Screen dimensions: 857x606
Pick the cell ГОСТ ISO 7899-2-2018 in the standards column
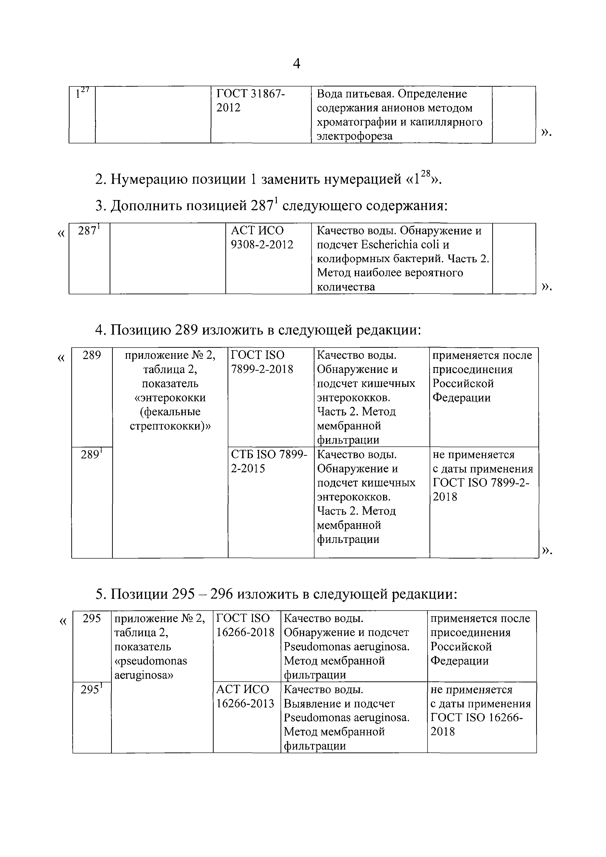point(262,362)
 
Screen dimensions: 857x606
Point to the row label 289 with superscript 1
point(91,455)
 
